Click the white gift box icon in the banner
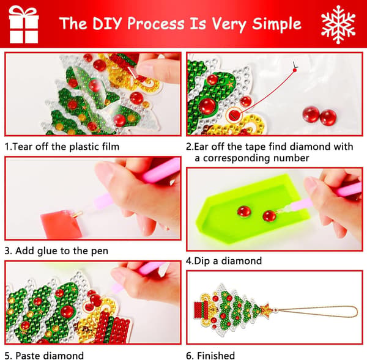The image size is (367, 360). (23, 24)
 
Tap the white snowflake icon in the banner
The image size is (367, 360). (338, 24)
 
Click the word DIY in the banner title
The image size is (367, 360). (108, 23)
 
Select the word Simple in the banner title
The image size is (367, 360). (276, 24)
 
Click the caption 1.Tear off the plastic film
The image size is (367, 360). (62, 147)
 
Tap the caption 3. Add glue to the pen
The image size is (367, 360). (56, 251)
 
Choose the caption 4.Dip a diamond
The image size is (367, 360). (224, 261)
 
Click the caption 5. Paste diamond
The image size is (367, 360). (44, 355)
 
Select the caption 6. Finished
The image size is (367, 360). (210, 355)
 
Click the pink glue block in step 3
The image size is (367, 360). (61, 224)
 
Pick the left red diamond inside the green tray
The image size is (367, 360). (244, 211)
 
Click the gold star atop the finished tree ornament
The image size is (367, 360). (267, 309)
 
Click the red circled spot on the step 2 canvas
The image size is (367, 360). (234, 115)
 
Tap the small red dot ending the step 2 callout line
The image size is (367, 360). (295, 70)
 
